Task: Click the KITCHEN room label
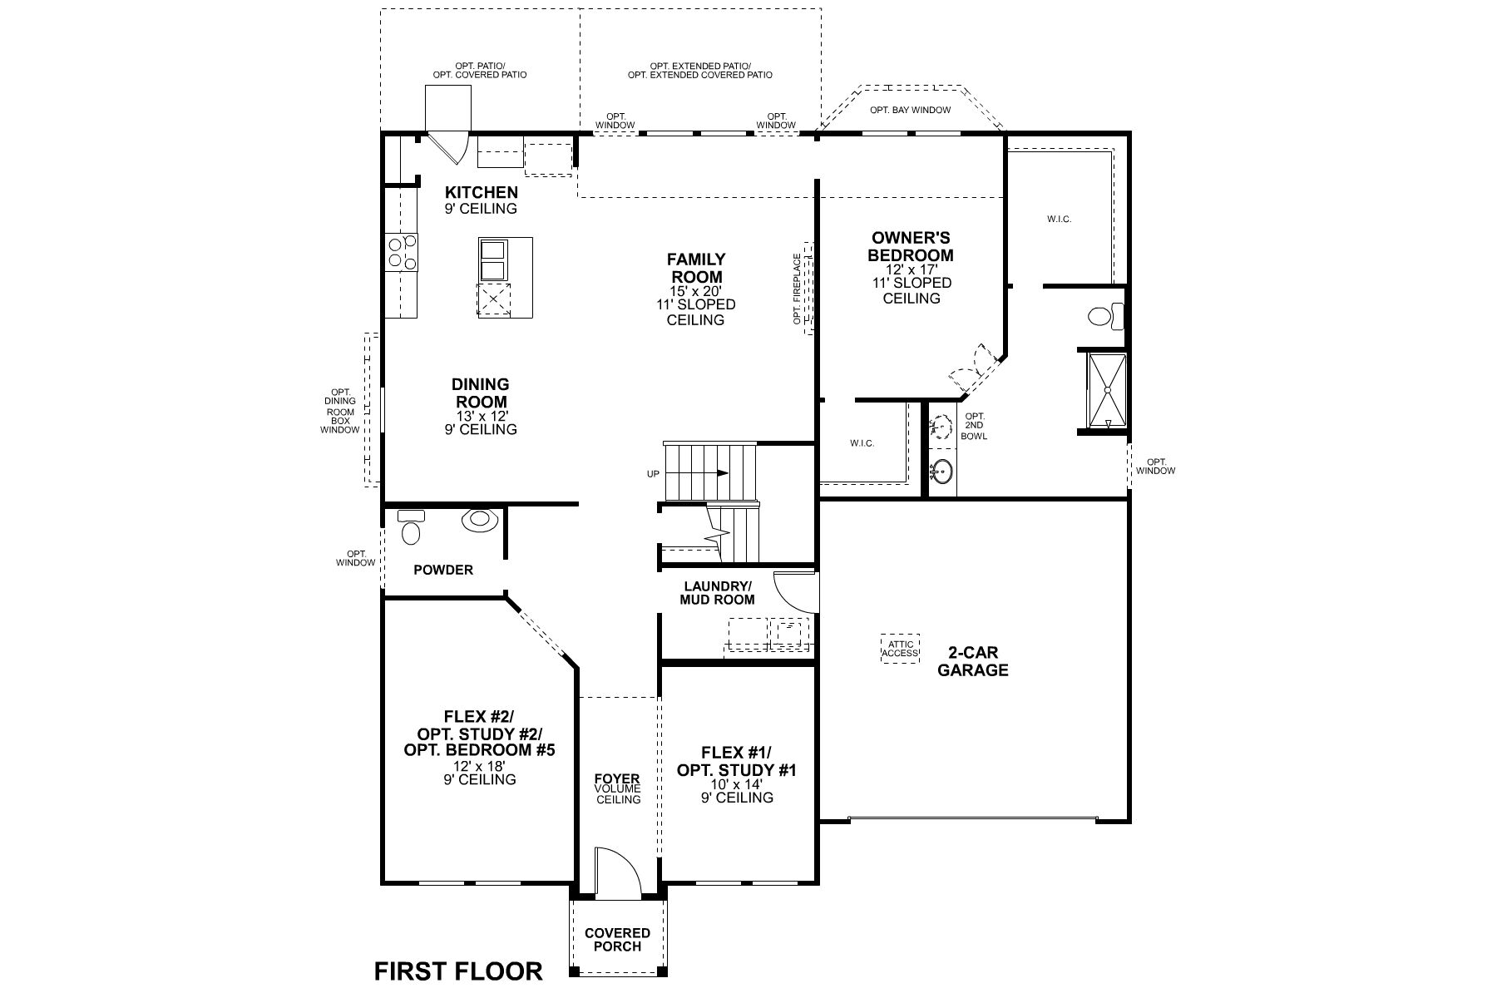pyautogui.click(x=481, y=192)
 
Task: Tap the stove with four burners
pyautogui.click(x=402, y=252)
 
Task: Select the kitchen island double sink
pyautogui.click(x=494, y=259)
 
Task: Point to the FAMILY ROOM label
pyautogui.click(x=696, y=268)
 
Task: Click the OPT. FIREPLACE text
pyautogui.click(x=797, y=289)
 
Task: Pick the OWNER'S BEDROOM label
pyautogui.click(x=911, y=246)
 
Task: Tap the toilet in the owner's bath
pyautogui.click(x=1104, y=317)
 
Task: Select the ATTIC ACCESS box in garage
pyautogui.click(x=901, y=649)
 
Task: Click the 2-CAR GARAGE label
pyautogui.click(x=973, y=661)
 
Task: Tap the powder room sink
pyautogui.click(x=479, y=520)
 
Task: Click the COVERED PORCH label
pyautogui.click(x=617, y=939)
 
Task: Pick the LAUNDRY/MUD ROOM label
pyautogui.click(x=717, y=592)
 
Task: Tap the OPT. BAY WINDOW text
pyautogui.click(x=910, y=110)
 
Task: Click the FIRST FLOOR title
pyautogui.click(x=458, y=971)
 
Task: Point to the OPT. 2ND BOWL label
pyautogui.click(x=974, y=426)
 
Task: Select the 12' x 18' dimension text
pyautogui.click(x=479, y=766)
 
